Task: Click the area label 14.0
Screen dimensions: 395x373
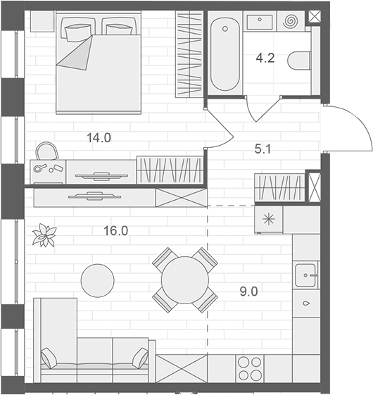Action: (99, 138)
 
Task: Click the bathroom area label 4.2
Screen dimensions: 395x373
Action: (265, 59)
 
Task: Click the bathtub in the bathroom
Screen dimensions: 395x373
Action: (225, 54)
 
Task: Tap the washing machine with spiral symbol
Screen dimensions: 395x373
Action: (289, 23)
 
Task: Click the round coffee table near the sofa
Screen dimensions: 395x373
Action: (97, 280)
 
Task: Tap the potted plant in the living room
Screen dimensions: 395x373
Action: (45, 236)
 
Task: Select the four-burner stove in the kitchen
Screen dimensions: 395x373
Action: (250, 368)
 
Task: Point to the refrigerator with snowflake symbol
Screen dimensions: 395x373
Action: (268, 219)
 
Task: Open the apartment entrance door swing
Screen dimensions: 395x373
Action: (348, 127)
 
